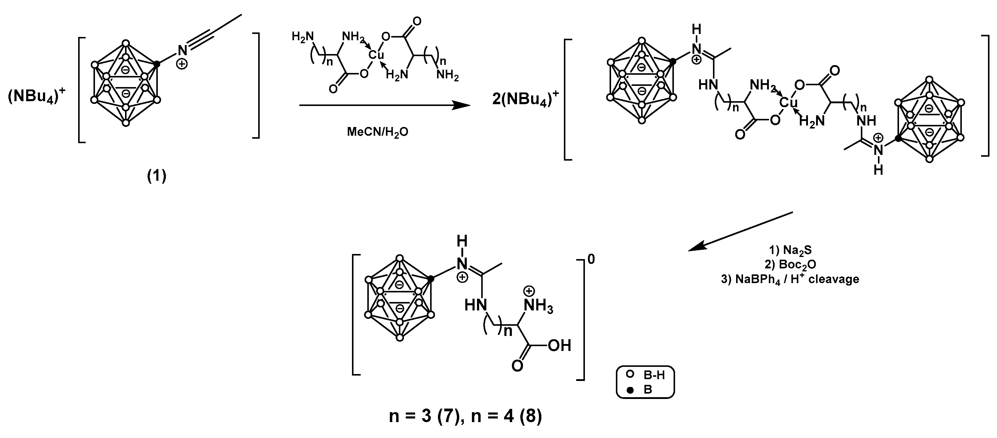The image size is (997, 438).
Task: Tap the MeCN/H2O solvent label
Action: point(377,132)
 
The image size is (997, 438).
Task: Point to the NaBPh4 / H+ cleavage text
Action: point(790,279)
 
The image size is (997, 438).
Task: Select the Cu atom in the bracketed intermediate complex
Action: point(788,102)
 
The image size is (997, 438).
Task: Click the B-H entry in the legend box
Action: point(654,375)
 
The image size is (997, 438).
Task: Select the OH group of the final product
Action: point(560,346)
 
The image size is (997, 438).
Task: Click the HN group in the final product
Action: point(475,306)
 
